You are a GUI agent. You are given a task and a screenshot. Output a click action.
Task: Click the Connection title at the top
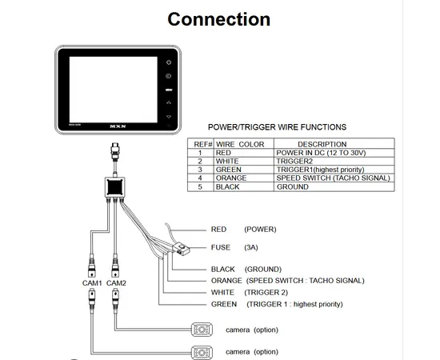pyautogui.click(x=218, y=18)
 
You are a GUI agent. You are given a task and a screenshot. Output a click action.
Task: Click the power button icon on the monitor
pyautogui.click(x=169, y=62)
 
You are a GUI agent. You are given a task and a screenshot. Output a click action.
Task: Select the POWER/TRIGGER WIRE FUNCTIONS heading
pyautogui.click(x=277, y=126)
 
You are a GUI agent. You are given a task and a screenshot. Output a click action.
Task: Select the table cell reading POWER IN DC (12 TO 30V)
pyautogui.click(x=321, y=153)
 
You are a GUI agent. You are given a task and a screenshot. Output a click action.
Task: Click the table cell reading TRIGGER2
pyautogui.click(x=293, y=161)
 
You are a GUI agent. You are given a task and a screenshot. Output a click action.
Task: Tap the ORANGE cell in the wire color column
pyautogui.click(x=230, y=178)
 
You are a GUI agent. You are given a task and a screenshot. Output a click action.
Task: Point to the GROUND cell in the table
pyautogui.click(x=292, y=186)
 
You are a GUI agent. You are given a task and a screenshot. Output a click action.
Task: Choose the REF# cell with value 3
pyautogui.click(x=200, y=170)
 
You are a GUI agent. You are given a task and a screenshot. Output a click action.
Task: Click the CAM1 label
pyautogui.click(x=92, y=283)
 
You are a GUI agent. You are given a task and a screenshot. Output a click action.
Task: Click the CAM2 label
pyautogui.click(x=117, y=283)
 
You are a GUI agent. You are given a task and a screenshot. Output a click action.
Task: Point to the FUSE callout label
pyautogui.click(x=221, y=247)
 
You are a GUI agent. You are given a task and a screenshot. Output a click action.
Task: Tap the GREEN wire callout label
pyautogui.click(x=224, y=304)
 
